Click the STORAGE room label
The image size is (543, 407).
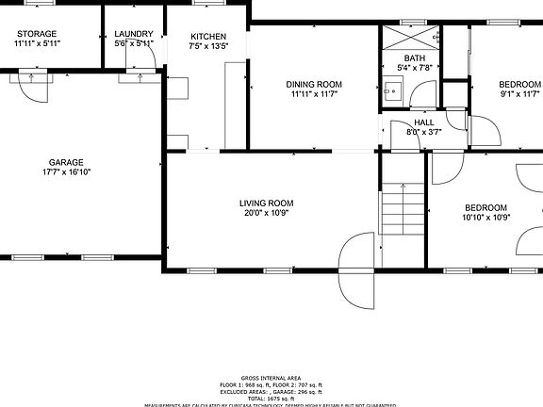[37, 34]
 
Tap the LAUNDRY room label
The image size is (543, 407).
[133, 34]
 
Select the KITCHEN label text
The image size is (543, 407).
[208, 35]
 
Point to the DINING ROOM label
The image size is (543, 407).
[314, 84]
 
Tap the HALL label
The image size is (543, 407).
[424, 122]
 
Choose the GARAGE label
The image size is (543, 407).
[66, 162]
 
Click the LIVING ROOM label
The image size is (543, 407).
[266, 203]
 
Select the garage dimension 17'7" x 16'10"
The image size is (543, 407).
[66, 172]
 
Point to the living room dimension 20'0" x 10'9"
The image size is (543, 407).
[266, 213]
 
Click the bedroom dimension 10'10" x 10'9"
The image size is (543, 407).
[485, 218]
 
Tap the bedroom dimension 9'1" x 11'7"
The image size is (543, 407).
[518, 93]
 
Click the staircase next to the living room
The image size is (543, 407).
[403, 211]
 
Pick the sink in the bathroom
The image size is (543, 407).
[392, 91]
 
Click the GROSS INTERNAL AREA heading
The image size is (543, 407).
[271, 376]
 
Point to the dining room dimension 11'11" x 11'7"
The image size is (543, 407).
[314, 94]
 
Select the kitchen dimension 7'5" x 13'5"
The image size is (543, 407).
[208, 45]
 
